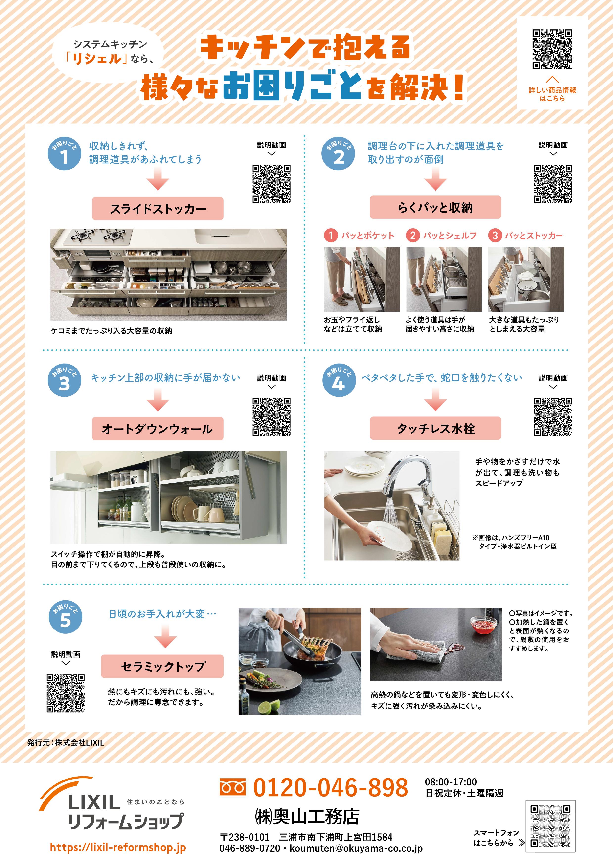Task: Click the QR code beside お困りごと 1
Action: coord(271,184)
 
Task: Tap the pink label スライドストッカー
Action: coord(158,208)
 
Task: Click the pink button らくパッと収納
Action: coord(435,207)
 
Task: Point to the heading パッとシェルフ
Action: coord(450,236)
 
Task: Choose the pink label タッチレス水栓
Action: coord(435,428)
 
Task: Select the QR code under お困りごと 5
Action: coord(65,693)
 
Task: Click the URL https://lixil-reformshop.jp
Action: coord(118,848)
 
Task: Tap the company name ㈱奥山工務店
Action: coord(307,817)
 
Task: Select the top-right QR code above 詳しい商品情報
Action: coord(552,49)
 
